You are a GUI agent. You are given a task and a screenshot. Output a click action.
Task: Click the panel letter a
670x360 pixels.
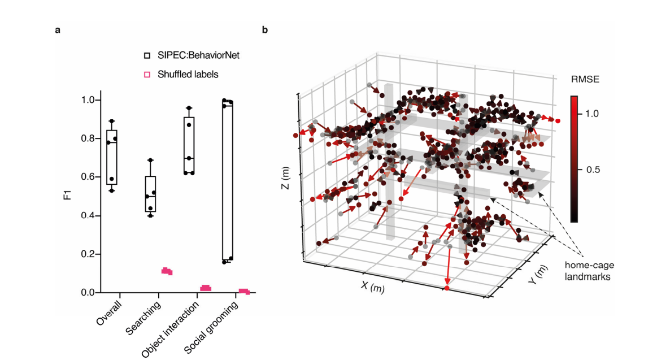point(58,30)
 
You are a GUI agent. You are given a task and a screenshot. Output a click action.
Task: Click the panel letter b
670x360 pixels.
point(265,30)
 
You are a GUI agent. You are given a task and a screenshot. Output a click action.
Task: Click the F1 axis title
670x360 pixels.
point(67,196)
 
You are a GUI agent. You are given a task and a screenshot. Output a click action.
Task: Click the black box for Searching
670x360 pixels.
point(150,194)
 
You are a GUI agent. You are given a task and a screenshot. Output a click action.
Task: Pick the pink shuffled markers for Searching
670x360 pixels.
point(167,271)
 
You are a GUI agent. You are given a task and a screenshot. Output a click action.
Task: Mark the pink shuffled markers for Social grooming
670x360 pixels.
point(244,291)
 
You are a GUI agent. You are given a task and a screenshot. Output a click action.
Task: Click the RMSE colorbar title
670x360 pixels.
point(583,80)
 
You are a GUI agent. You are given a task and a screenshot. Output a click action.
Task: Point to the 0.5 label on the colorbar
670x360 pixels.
point(593,170)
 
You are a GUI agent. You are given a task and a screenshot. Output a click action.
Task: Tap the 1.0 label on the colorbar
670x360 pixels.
point(593,114)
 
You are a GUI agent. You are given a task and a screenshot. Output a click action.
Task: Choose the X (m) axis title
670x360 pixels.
point(373,287)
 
